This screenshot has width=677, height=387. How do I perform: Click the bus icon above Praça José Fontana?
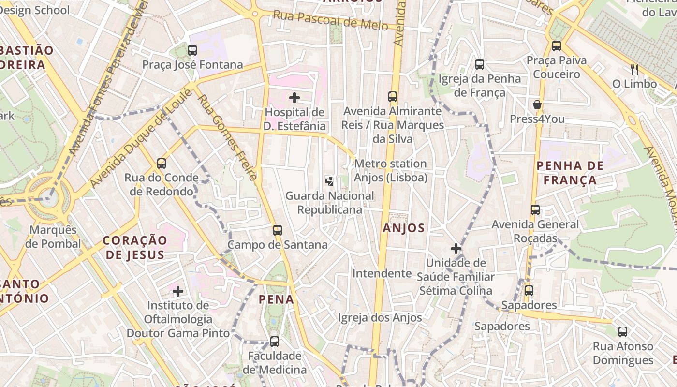pos(192,49)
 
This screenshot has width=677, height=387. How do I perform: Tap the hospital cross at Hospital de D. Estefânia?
pos(294,98)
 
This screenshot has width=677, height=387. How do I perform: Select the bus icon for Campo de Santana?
pos(277,230)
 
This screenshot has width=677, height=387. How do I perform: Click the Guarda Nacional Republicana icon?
pos(329,181)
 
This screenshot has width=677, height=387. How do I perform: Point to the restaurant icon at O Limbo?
pos(634,70)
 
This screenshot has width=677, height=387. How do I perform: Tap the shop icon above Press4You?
pos(537,104)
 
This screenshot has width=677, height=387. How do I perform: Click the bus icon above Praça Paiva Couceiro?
pos(557,46)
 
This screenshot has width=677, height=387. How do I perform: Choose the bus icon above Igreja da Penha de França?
pos(480,64)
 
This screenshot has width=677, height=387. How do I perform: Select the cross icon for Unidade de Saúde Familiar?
pos(456,249)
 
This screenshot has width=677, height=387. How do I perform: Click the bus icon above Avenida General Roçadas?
pos(535,210)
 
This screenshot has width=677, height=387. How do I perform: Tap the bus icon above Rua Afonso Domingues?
pos(623,332)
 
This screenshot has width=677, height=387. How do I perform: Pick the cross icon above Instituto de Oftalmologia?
pos(178,291)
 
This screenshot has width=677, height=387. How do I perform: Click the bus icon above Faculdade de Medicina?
pos(274,342)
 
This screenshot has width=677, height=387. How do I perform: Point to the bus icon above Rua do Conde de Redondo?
pos(162,164)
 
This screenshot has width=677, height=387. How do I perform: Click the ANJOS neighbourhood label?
pos(403,228)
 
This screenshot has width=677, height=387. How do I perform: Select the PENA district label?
pos(276,299)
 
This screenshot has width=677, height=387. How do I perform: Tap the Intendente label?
pos(382,273)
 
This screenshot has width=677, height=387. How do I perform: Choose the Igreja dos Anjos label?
pos(380,318)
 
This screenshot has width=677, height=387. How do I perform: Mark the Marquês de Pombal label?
pos(53,237)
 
